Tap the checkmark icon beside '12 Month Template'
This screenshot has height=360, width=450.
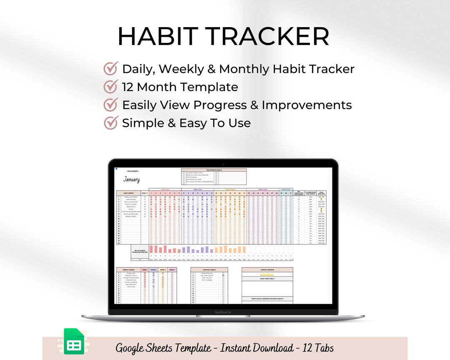(x=110, y=87)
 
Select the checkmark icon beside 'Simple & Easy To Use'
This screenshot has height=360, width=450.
(x=110, y=123)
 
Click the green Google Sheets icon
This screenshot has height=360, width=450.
(x=74, y=342)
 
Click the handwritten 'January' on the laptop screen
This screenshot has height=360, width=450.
(x=131, y=180)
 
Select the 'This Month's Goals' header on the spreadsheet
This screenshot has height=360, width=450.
(x=214, y=170)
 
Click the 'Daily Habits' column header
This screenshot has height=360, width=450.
(x=128, y=193)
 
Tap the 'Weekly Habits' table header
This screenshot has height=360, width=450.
(x=128, y=270)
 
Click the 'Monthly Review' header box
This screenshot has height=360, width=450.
(x=267, y=270)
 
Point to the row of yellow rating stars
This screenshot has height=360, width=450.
(x=267, y=275)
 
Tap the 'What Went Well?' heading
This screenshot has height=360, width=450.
(x=267, y=279)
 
